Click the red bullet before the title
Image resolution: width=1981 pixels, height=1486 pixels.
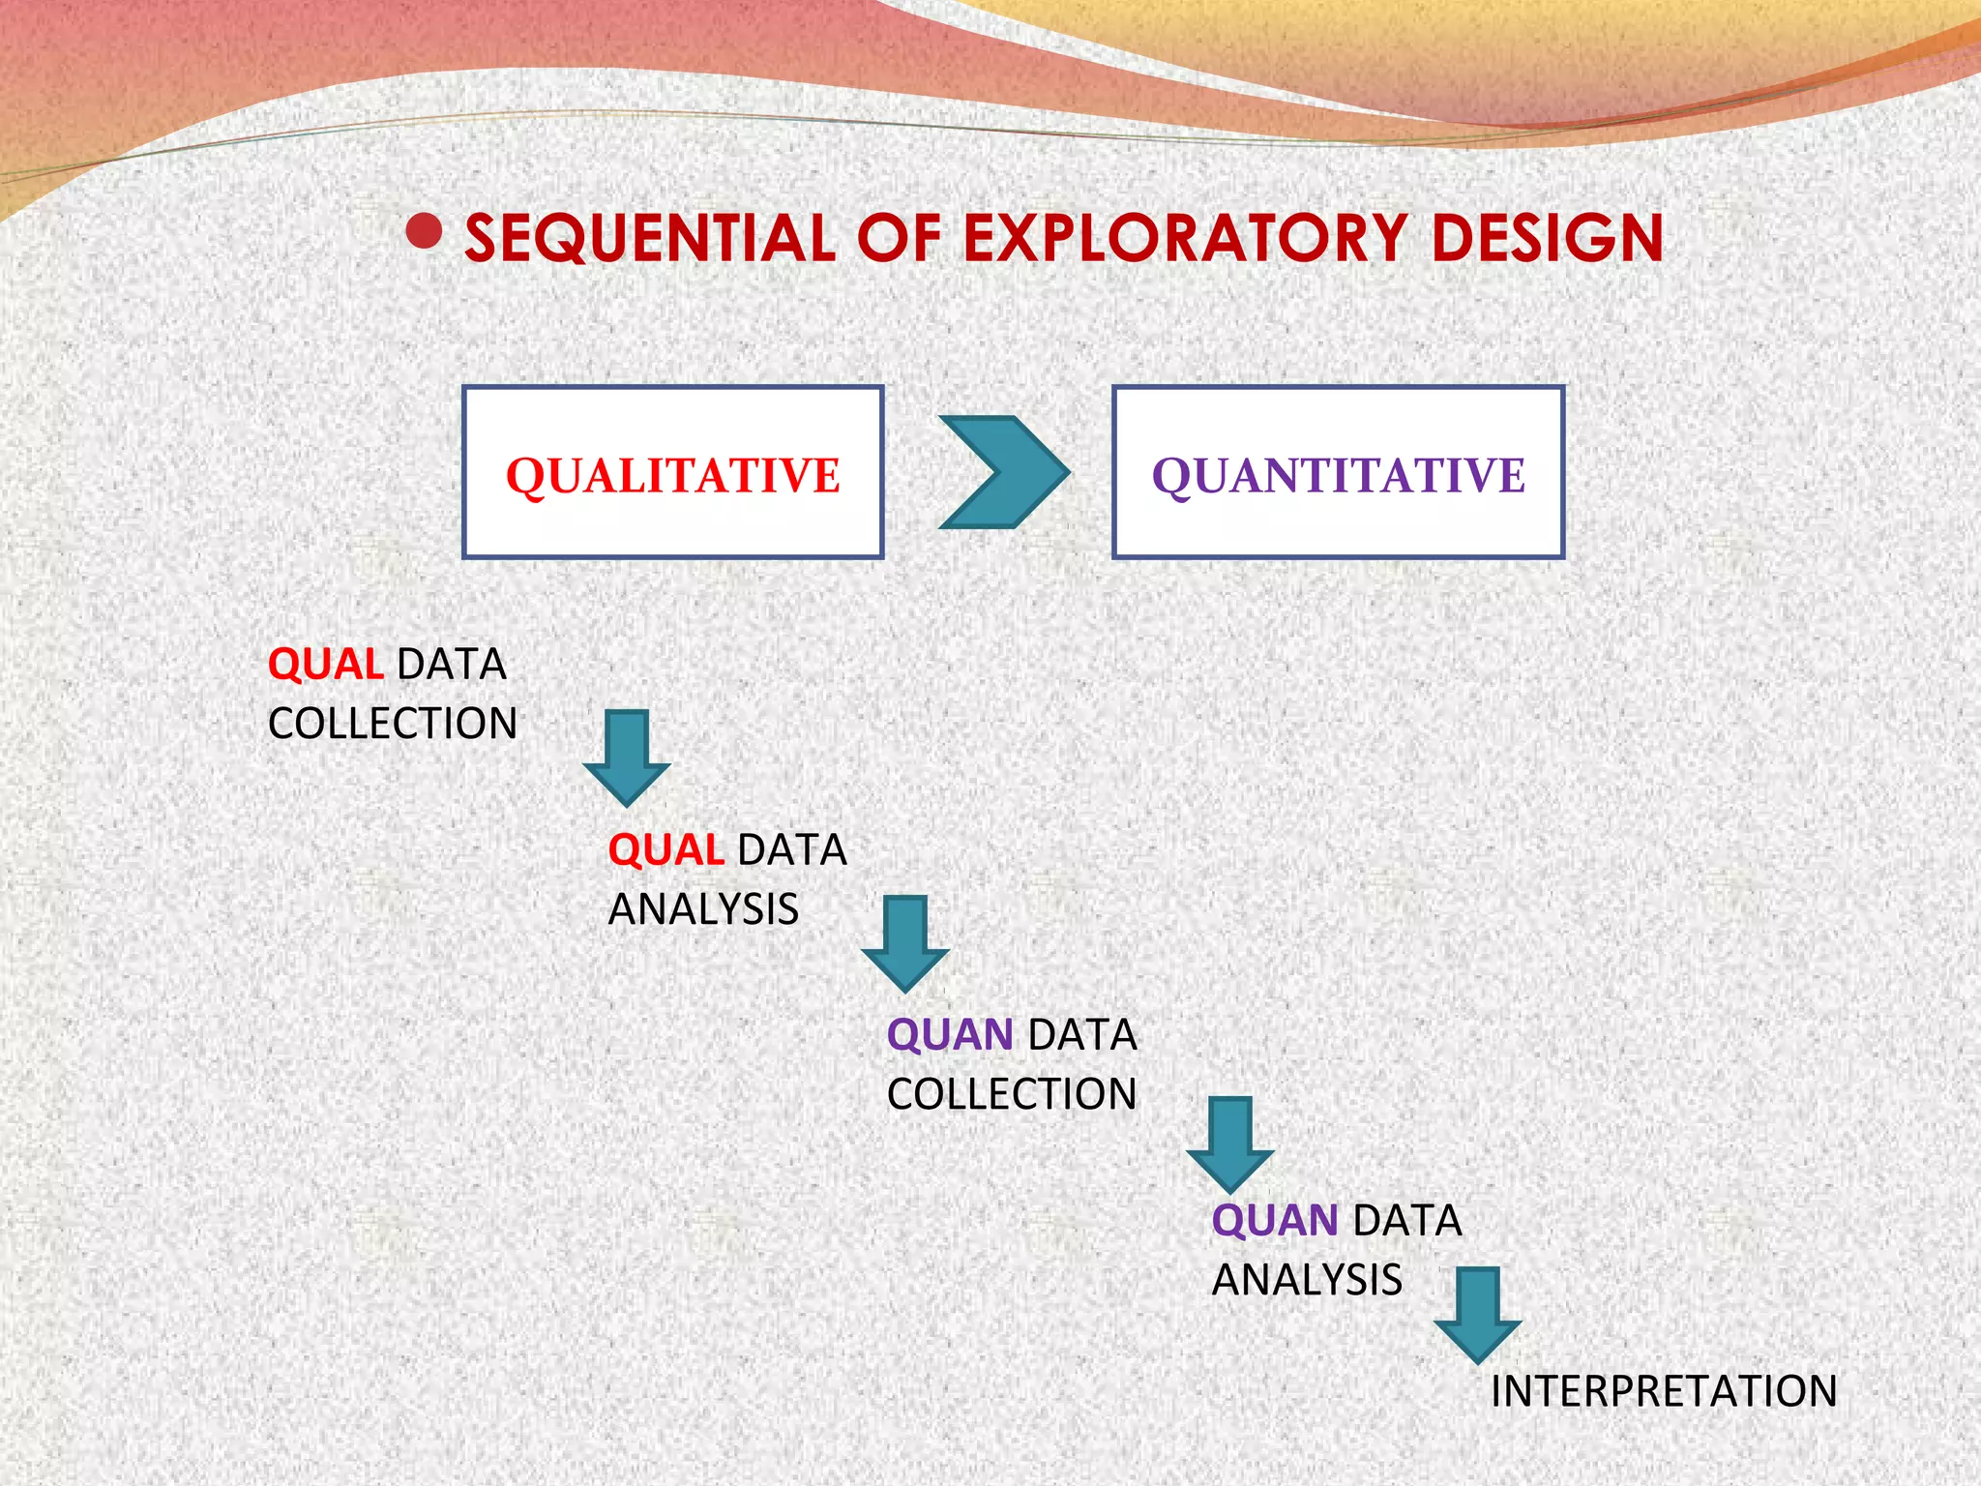(424, 231)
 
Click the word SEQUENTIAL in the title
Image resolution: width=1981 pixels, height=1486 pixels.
(649, 239)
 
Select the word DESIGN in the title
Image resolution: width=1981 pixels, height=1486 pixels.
(1547, 239)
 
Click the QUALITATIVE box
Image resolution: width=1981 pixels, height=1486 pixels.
(673, 473)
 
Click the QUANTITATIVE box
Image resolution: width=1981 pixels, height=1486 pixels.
(1338, 473)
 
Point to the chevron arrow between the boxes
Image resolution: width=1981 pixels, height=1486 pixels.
(1004, 473)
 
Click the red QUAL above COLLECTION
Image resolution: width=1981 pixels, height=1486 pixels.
(325, 665)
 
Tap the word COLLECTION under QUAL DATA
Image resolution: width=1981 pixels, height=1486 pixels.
(393, 724)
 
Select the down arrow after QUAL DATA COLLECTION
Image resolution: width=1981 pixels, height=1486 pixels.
(627, 758)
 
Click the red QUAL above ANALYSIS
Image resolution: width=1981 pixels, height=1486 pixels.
(665, 850)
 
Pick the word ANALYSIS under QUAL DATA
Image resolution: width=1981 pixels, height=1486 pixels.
(703, 909)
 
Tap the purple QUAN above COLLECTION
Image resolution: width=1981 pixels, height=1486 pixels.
(950, 1035)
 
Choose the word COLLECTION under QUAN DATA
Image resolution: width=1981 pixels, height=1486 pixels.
(1012, 1094)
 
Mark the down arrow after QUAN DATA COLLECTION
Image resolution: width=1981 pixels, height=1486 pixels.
(1230, 1144)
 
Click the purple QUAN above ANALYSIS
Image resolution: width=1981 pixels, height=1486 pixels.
(1275, 1221)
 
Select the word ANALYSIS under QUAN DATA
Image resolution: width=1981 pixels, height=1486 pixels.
(1307, 1280)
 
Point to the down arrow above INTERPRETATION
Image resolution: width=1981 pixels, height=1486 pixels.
(1478, 1314)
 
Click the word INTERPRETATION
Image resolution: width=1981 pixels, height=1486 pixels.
(1663, 1391)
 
